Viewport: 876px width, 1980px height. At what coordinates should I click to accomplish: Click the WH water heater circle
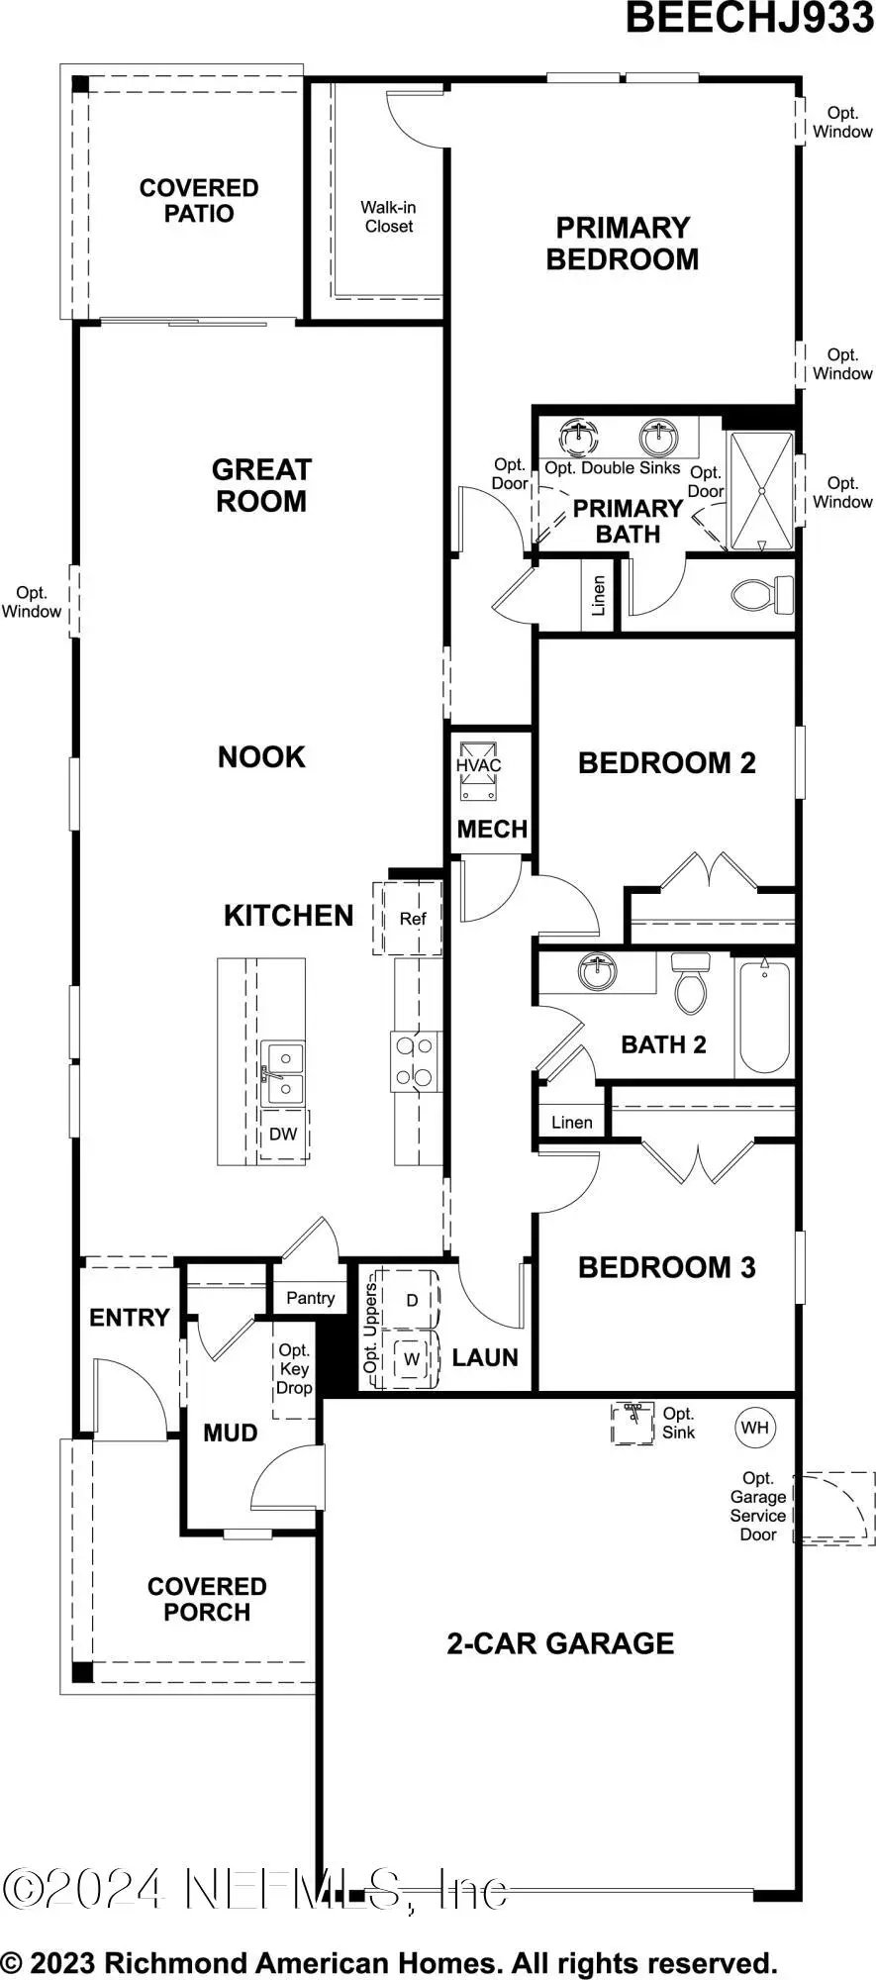[x=754, y=1428]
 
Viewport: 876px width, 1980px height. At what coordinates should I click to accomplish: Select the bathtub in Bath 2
[x=764, y=1017]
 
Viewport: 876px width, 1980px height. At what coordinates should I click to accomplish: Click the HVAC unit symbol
[x=479, y=771]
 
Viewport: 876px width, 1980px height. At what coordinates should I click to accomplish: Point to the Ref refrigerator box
[x=412, y=919]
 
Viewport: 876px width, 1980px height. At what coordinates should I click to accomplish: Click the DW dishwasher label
[x=283, y=1135]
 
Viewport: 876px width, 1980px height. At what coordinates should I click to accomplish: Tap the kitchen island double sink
[x=282, y=1073]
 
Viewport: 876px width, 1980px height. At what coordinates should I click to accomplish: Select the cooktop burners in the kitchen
[x=415, y=1061]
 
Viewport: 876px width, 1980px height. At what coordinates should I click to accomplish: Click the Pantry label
[x=310, y=1298]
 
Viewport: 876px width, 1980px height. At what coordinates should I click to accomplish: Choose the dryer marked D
[x=411, y=1300]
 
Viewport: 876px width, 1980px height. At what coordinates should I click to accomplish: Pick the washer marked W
[x=411, y=1360]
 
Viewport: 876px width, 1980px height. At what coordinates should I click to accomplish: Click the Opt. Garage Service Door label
[x=758, y=1506]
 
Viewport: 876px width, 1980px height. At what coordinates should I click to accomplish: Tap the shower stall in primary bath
[x=761, y=490]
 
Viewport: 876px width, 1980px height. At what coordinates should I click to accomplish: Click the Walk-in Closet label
[x=388, y=217]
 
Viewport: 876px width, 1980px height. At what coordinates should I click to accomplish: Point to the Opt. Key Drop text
[x=294, y=1369]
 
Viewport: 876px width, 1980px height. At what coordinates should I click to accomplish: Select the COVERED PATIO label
[x=198, y=201]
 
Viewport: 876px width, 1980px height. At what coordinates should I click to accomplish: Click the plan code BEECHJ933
[x=749, y=18]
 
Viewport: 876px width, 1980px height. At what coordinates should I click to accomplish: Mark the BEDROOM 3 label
[x=666, y=1267]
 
